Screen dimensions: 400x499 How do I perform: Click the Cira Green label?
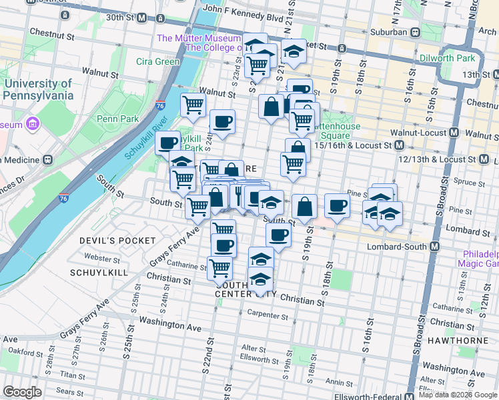[x=158, y=62]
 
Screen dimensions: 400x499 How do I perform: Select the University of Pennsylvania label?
[x=37, y=89]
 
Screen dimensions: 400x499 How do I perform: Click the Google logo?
[x=22, y=392]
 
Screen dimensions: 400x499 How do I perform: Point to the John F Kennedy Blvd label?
[x=243, y=10]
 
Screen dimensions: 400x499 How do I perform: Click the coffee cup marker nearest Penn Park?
[x=167, y=143]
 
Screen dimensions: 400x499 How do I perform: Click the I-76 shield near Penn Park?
[x=159, y=105]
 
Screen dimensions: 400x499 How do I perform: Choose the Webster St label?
[x=101, y=257]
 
